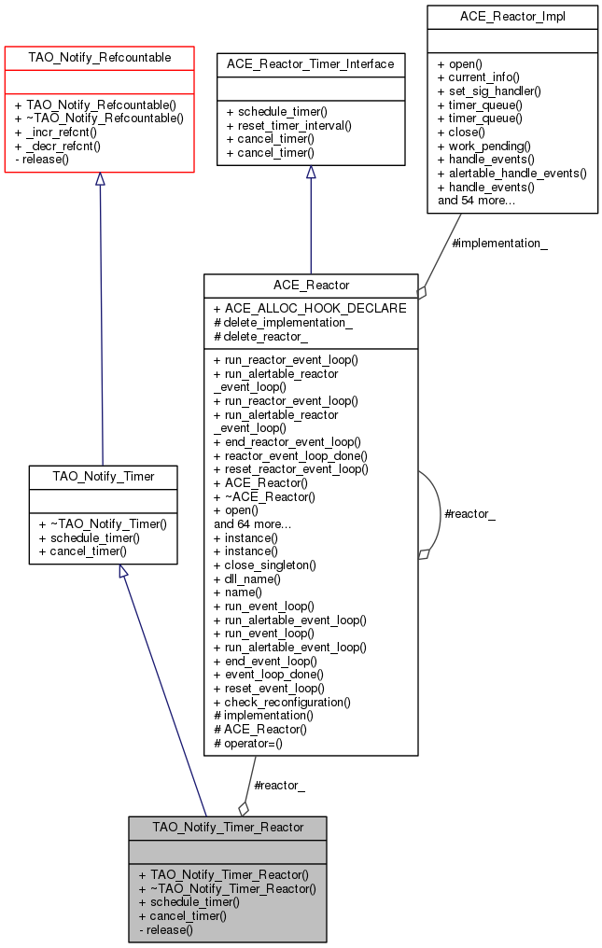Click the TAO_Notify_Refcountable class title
(x=100, y=58)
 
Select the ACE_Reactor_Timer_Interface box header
(x=311, y=64)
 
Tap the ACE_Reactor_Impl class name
(x=512, y=16)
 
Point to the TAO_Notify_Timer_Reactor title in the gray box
(x=228, y=827)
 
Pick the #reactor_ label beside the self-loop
(x=469, y=513)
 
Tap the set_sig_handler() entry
(x=488, y=91)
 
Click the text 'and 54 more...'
(x=476, y=200)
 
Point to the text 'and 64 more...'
(x=252, y=523)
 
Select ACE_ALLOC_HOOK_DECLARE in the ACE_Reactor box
(x=310, y=308)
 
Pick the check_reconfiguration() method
(x=282, y=702)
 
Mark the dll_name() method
(x=247, y=579)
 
